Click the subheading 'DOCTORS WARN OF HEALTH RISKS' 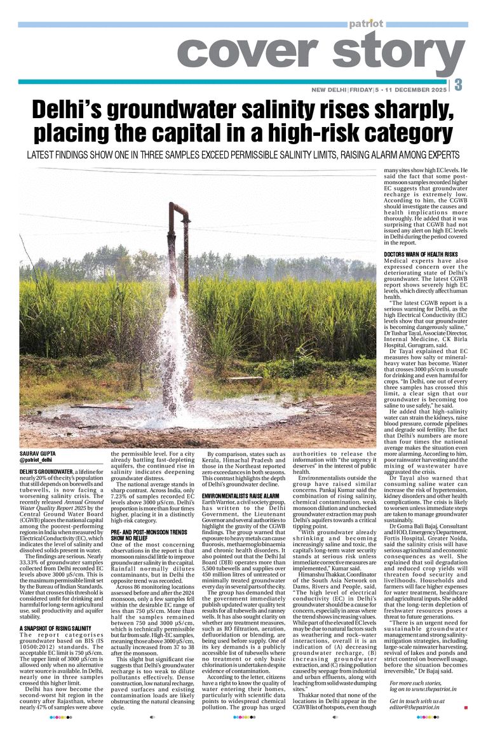(x=421, y=254)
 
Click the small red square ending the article (x=466, y=707)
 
